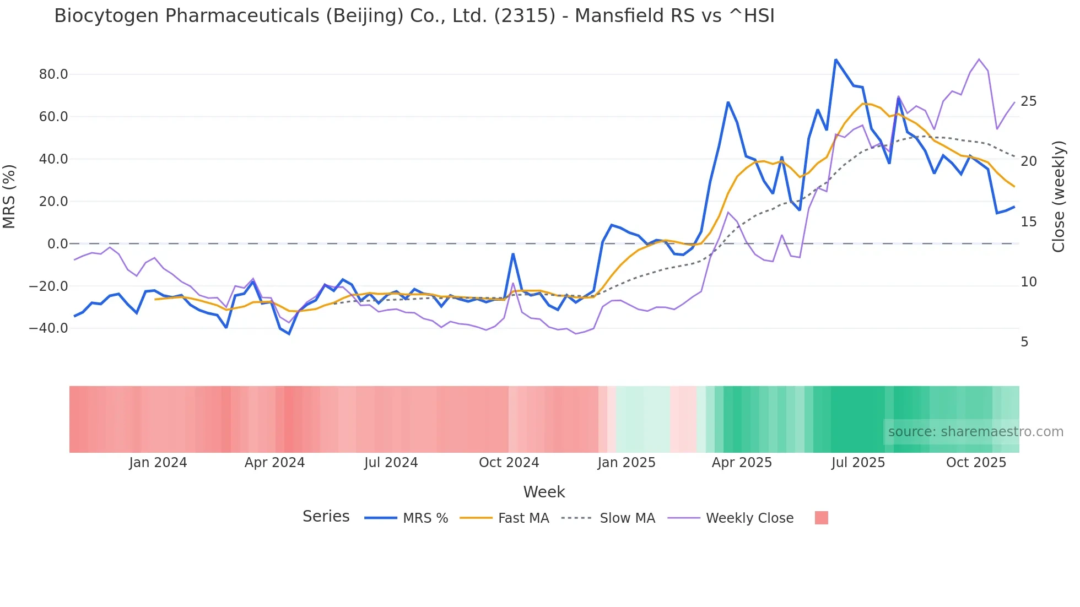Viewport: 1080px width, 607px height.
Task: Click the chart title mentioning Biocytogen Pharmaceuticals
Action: tap(414, 16)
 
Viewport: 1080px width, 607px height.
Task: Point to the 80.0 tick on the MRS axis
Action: tap(53, 74)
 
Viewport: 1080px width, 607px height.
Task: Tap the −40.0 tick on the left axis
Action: tap(48, 328)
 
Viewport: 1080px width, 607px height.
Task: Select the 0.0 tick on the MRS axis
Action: tap(57, 243)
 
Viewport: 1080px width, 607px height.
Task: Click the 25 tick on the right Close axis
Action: tap(1028, 101)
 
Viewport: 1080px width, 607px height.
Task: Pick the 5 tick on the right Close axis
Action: tap(1024, 342)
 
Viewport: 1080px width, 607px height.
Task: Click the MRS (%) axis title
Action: tap(9, 196)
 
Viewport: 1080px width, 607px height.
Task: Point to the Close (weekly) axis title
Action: tap(1059, 197)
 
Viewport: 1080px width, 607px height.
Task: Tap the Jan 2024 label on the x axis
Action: tap(158, 463)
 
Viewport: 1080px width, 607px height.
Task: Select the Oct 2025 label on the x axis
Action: tap(976, 463)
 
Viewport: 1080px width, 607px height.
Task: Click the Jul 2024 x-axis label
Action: tap(391, 463)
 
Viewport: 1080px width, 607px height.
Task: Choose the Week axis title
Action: tap(544, 492)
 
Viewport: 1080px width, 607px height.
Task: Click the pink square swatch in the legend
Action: tap(821, 518)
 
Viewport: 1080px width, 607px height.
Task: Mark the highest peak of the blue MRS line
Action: tap(835, 59)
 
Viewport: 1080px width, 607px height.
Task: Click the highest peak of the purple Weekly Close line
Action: tap(979, 59)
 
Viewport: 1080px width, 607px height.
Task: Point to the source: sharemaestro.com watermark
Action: tap(975, 432)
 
